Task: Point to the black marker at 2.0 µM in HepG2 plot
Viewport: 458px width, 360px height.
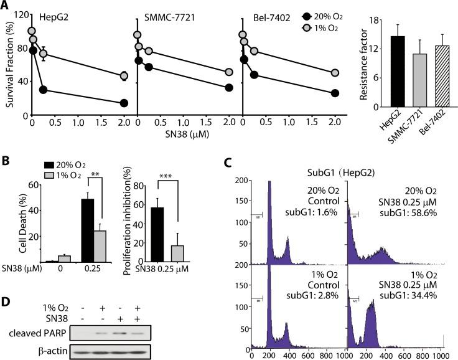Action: (124, 103)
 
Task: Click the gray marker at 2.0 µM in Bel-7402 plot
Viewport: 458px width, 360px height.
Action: (335, 73)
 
